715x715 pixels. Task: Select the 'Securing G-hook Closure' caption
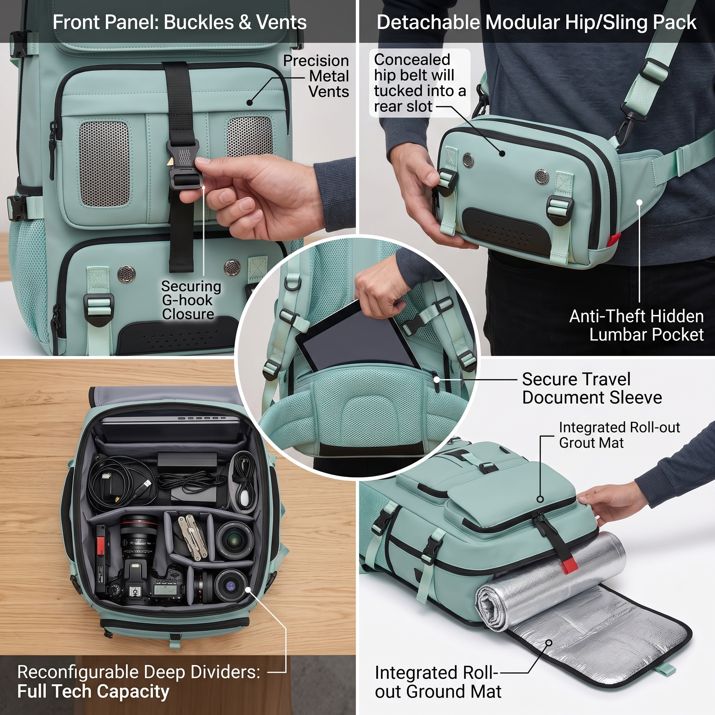pos(191,300)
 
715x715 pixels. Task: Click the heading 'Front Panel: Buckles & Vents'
pos(179,22)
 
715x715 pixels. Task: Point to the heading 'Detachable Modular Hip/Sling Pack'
pos(536,22)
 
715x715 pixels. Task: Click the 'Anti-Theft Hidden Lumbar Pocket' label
pos(636,325)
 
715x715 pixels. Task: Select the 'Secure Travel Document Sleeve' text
pos(592,388)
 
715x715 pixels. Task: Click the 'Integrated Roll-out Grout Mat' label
pos(619,435)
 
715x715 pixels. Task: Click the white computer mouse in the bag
pos(244,497)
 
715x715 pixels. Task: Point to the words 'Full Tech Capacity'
pos(93,691)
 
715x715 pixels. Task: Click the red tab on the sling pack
pos(616,239)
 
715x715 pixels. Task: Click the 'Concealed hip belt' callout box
pos(420,83)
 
